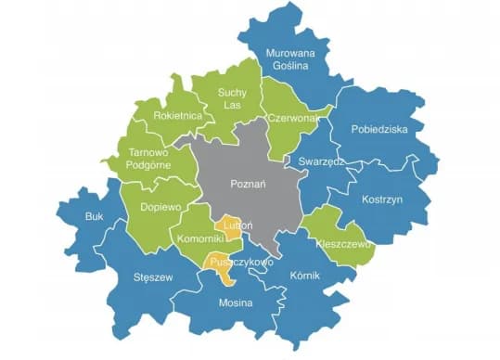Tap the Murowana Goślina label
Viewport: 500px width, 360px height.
pos(290,61)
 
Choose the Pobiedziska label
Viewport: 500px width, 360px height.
pos(381,130)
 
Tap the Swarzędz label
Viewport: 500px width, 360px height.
pos(322,161)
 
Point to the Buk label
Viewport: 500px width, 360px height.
pos(94,216)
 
